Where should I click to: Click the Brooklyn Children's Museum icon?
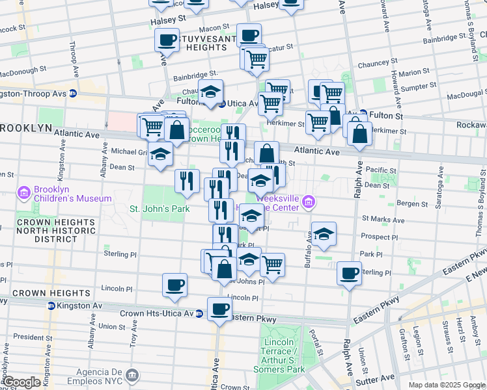(25, 192)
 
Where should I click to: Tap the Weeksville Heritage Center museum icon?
(308, 203)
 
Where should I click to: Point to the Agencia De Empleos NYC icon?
(133, 375)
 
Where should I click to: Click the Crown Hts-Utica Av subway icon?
(199, 313)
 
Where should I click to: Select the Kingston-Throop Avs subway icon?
(73, 94)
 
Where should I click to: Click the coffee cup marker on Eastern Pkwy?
(219, 308)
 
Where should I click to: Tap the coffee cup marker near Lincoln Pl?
(174, 284)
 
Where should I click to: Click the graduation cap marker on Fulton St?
(211, 92)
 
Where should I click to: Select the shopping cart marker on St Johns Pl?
(272, 264)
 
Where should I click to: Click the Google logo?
(21, 382)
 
